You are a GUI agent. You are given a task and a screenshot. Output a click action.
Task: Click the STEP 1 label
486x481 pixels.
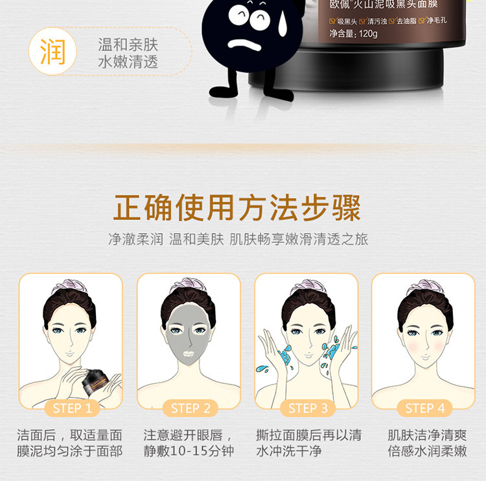[x=72, y=408]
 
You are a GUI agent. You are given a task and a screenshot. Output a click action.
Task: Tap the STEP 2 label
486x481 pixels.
[x=191, y=408]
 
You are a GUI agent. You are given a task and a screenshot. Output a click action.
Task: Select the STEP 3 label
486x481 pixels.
[x=308, y=408]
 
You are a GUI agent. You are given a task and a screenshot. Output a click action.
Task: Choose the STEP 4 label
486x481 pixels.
[x=425, y=408]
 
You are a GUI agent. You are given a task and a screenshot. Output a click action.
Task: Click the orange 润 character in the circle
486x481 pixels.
[x=52, y=51]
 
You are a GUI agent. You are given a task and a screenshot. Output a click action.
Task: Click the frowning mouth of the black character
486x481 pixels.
[x=244, y=45]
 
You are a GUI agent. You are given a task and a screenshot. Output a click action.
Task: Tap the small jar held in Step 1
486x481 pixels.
[x=95, y=381]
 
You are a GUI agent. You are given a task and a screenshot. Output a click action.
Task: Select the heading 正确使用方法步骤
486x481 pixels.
[x=237, y=208]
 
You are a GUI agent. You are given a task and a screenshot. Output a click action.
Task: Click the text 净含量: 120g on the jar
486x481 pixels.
[x=353, y=34]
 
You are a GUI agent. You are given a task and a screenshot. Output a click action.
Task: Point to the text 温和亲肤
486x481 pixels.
[x=128, y=45]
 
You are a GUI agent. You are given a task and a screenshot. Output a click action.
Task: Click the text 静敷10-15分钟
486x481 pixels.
[x=189, y=451]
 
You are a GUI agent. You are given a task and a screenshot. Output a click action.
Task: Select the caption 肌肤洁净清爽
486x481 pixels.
[x=427, y=435]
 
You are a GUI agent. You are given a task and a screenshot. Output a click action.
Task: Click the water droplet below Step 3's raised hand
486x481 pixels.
[x=262, y=369]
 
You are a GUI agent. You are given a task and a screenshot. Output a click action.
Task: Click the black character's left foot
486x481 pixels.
[x=222, y=91]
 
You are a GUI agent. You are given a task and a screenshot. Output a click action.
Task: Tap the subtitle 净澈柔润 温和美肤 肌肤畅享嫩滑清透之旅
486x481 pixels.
[x=238, y=239]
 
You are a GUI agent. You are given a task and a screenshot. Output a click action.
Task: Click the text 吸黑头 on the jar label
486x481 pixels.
[x=347, y=21]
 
